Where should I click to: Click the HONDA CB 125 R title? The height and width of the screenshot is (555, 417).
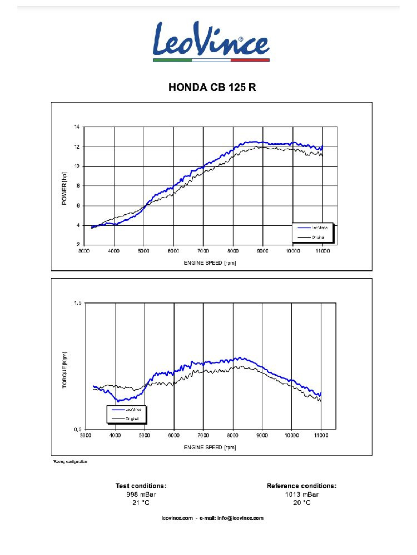(212, 88)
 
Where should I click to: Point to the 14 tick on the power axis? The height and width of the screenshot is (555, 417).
(77, 127)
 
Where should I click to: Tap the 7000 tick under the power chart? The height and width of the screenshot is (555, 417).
(203, 251)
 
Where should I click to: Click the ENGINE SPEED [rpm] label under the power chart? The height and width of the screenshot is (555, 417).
(210, 263)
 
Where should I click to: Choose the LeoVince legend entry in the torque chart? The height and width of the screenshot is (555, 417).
(127, 409)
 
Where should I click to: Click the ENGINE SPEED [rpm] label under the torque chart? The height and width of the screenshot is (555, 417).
(210, 446)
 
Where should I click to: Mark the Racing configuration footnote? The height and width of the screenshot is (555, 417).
(69, 461)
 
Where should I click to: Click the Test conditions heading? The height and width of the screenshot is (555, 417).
(141, 486)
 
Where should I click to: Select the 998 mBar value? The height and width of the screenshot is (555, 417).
(141, 494)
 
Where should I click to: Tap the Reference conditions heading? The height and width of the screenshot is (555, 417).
(301, 486)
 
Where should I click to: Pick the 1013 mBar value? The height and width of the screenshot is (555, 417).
(301, 494)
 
